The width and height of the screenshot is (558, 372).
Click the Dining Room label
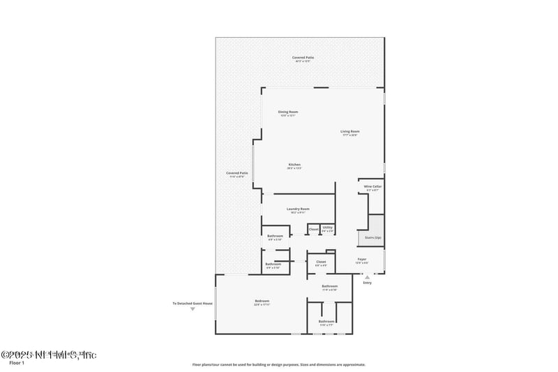click(x=288, y=112)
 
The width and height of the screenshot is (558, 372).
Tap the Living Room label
click(x=349, y=131)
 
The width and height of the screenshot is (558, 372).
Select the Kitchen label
click(x=294, y=165)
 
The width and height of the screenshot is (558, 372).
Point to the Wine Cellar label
click(x=373, y=187)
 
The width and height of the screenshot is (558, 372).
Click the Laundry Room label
click(x=298, y=209)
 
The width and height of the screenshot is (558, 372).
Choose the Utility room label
click(x=328, y=228)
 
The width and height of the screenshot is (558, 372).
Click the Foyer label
click(x=361, y=259)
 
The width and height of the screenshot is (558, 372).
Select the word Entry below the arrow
click(x=368, y=283)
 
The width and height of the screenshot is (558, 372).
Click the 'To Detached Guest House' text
click(x=193, y=303)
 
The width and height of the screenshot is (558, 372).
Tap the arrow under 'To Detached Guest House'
click(x=193, y=308)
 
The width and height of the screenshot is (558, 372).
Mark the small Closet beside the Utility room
click(x=313, y=229)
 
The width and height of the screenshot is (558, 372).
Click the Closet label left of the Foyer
click(x=321, y=262)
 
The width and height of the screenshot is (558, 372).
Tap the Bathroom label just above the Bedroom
click(x=273, y=264)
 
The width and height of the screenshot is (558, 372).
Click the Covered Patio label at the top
click(x=302, y=59)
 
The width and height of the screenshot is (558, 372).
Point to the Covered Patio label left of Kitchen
click(x=237, y=173)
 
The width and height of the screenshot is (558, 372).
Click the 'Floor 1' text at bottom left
click(x=16, y=363)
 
